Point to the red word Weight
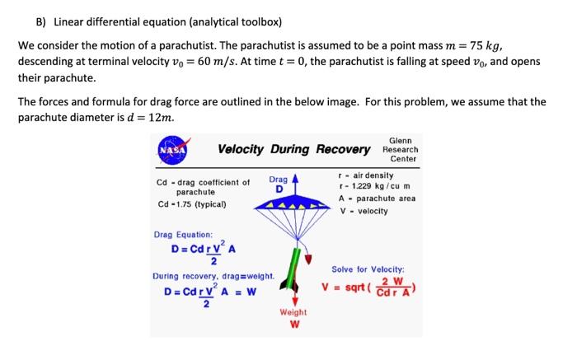293,312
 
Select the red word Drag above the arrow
278,180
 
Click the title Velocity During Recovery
294,149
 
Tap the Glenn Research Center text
401,149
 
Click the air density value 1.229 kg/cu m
376,186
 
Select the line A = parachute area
377,198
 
